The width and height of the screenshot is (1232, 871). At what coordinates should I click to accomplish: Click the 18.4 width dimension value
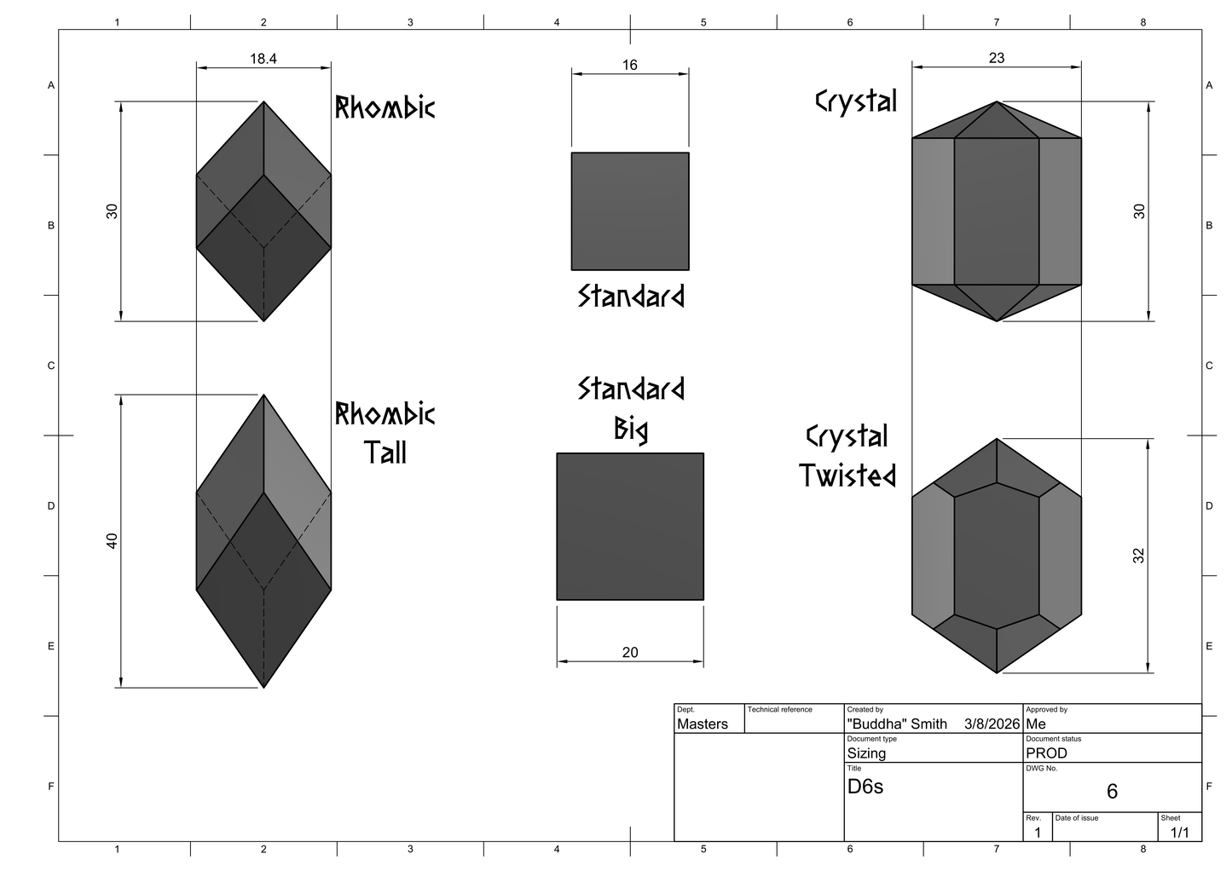pyautogui.click(x=263, y=58)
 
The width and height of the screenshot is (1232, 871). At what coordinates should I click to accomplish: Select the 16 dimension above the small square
pyautogui.click(x=629, y=65)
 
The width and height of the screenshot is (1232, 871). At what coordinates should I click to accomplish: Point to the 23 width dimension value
pyautogui.click(x=996, y=58)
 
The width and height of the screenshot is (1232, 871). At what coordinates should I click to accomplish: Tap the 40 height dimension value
pyautogui.click(x=112, y=541)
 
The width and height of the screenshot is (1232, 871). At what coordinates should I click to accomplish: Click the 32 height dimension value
pyautogui.click(x=1138, y=556)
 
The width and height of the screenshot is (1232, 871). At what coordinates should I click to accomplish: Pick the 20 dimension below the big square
pyautogui.click(x=630, y=652)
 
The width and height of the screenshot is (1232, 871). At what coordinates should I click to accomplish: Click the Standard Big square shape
pyautogui.click(x=630, y=526)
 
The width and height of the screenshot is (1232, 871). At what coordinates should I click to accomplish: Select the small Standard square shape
pyautogui.click(x=630, y=211)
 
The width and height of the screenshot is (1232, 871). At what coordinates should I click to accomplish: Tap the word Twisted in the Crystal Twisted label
pyautogui.click(x=847, y=475)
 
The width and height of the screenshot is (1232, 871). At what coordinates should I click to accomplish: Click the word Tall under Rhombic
pyautogui.click(x=385, y=453)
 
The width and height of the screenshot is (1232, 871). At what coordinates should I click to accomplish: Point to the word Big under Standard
pyautogui.click(x=630, y=429)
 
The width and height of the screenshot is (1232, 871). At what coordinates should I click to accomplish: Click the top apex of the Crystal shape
pyautogui.click(x=996, y=101)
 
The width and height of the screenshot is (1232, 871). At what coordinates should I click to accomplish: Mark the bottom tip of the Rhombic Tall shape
pyautogui.click(x=263, y=688)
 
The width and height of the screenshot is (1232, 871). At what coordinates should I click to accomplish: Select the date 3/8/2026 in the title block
pyautogui.click(x=992, y=724)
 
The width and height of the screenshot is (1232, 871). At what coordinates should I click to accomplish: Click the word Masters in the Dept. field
pyautogui.click(x=702, y=724)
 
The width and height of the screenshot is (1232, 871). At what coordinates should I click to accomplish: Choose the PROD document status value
pyautogui.click(x=1046, y=753)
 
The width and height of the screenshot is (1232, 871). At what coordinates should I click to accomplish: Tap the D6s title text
pyautogui.click(x=865, y=787)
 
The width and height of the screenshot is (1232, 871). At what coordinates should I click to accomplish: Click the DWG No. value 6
pyautogui.click(x=1112, y=791)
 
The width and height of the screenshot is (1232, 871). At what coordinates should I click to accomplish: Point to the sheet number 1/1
pyautogui.click(x=1179, y=833)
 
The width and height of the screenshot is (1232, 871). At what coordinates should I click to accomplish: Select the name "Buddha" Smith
pyautogui.click(x=896, y=724)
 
